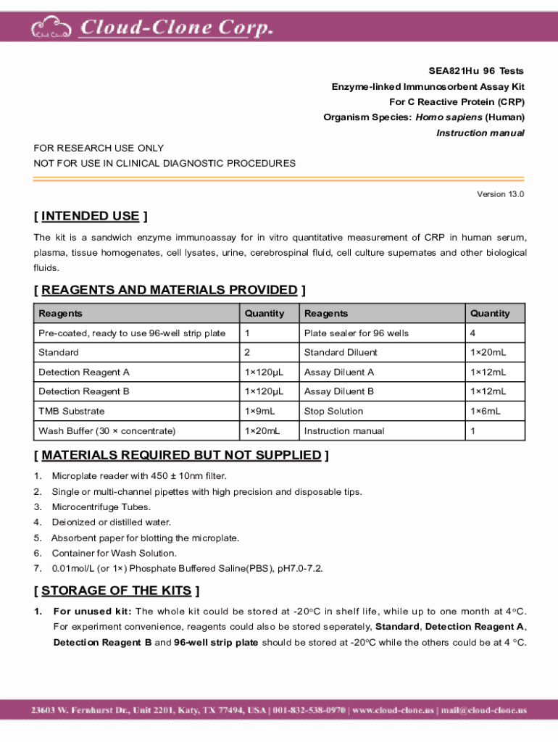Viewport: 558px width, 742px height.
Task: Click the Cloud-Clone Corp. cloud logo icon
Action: (51, 29)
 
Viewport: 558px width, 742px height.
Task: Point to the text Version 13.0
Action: (500, 194)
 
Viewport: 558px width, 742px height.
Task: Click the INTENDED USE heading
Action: (91, 216)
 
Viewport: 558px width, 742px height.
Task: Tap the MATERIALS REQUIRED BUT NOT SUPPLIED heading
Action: (181, 455)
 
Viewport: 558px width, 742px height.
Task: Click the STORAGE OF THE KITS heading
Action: (117, 591)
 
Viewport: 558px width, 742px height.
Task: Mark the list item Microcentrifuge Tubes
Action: (101, 507)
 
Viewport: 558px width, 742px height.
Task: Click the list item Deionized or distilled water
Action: (111, 522)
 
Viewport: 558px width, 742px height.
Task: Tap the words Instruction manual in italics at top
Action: (480, 133)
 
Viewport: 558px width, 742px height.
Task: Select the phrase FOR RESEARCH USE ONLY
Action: (99, 148)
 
